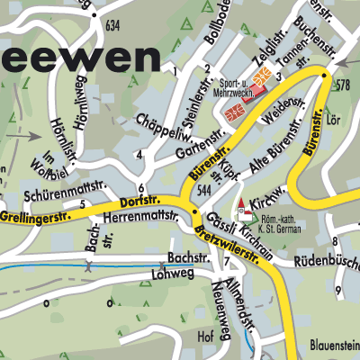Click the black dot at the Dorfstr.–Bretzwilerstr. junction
click(195, 212)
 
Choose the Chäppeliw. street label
click(160, 130)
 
